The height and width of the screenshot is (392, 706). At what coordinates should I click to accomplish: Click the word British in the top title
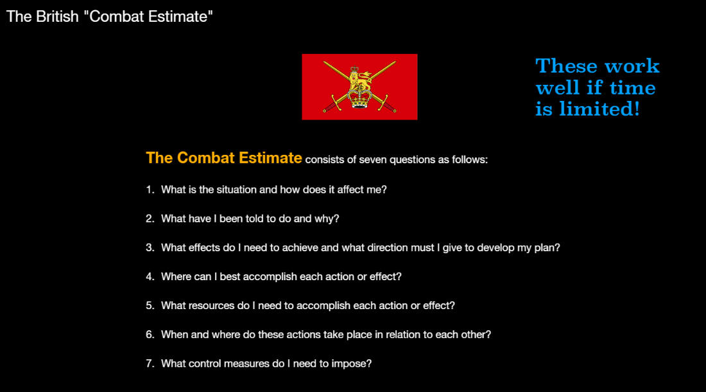click(57, 17)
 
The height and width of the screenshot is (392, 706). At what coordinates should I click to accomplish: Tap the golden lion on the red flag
click(360, 78)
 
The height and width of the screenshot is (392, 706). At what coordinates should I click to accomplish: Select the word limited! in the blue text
click(599, 109)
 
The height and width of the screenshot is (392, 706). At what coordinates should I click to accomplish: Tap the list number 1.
click(150, 190)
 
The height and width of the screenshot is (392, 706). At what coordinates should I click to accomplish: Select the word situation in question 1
click(236, 190)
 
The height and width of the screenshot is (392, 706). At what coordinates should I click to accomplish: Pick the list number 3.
click(150, 248)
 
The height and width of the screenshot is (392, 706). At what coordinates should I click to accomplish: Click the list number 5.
click(150, 306)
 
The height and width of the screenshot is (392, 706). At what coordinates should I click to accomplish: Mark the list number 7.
click(150, 364)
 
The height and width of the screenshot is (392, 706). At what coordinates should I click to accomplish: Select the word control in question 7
click(204, 364)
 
